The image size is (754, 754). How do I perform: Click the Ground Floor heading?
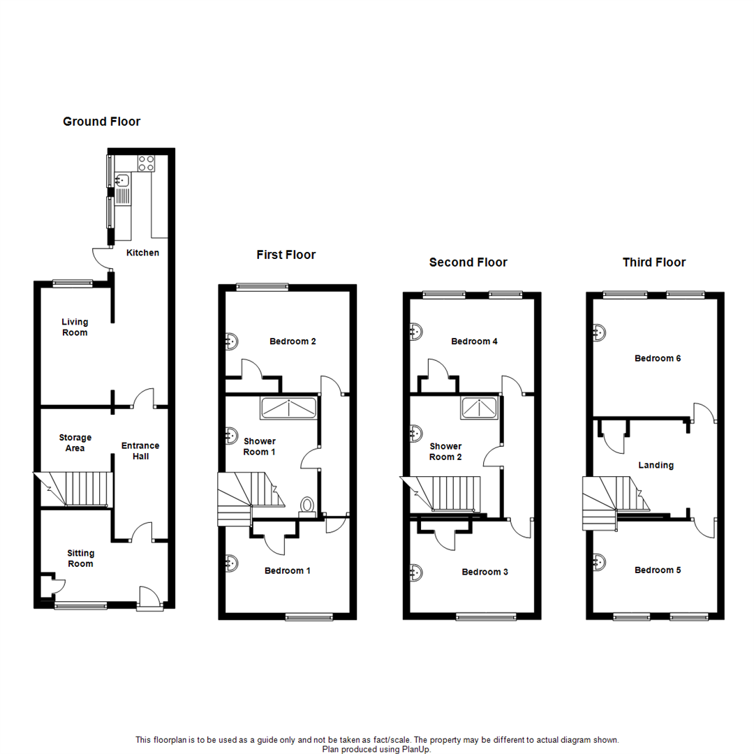101,121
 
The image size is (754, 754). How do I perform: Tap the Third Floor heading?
654,263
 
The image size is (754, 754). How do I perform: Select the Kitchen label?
142,253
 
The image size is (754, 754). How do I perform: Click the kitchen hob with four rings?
146,163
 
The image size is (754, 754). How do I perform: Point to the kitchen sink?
123,181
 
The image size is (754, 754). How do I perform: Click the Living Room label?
75,327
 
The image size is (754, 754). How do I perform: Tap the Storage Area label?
75,443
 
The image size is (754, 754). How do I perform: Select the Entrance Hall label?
140,451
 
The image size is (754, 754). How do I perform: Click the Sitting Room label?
81,558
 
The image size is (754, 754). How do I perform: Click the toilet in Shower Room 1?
306,506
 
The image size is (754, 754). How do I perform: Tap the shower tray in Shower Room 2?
479,408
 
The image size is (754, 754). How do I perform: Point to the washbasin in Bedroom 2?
230,341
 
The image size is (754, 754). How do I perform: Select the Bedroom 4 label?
475,341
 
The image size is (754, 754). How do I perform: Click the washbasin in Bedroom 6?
598,332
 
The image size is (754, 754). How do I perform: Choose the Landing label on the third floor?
656,465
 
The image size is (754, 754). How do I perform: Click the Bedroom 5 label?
657,570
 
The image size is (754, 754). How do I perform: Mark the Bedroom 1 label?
288,570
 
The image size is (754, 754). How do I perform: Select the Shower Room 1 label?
260,446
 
